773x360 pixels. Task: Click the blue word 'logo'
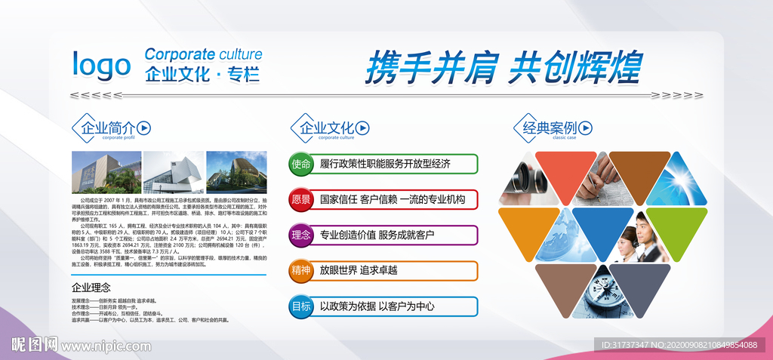point(101,66)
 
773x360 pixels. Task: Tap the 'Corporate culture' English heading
point(203,54)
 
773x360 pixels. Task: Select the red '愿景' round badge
point(300,200)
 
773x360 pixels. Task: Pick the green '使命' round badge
point(300,164)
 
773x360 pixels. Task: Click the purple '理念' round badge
point(300,235)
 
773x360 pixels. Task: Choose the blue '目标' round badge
point(300,306)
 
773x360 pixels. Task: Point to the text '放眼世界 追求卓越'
point(359,270)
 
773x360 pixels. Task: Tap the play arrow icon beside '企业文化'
point(365,128)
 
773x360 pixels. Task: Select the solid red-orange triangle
point(565,172)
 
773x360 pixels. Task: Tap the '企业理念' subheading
point(91,287)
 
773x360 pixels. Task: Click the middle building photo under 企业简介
point(173,173)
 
